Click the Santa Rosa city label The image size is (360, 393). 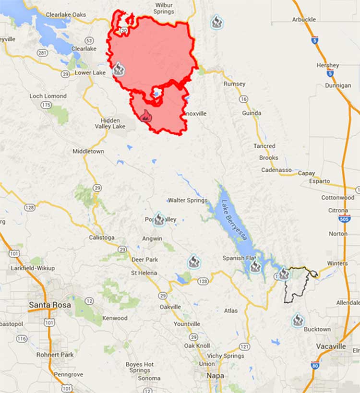tap(50, 305)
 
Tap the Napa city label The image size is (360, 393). tap(216, 376)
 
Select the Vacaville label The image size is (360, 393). tap(331, 346)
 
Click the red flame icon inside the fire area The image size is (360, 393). tap(145, 116)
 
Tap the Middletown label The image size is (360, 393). tap(88, 151)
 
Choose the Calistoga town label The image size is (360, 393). tap(102, 238)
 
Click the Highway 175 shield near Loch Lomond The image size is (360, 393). tap(47, 105)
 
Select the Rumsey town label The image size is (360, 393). tap(234, 83)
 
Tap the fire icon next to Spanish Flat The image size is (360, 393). tap(255, 266)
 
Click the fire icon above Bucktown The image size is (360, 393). tap(298, 320)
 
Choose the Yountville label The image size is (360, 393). tap(187, 324)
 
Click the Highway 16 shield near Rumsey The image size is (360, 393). tap(244, 99)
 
